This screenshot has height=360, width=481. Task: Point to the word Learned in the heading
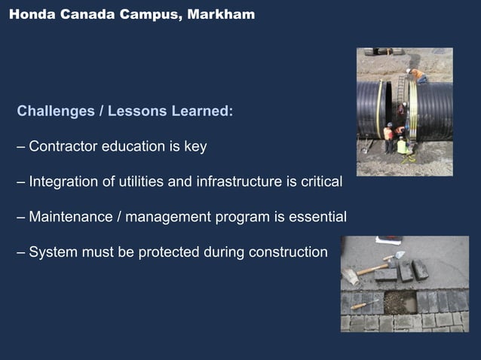point(201,111)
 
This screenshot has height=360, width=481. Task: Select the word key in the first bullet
point(195,147)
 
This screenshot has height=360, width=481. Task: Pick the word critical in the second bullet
point(318,182)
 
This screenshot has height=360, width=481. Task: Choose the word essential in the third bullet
point(317,218)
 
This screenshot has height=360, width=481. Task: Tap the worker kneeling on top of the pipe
point(415,75)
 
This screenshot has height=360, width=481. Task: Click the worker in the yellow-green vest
point(402,145)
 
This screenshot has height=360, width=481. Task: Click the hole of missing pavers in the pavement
point(400,302)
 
